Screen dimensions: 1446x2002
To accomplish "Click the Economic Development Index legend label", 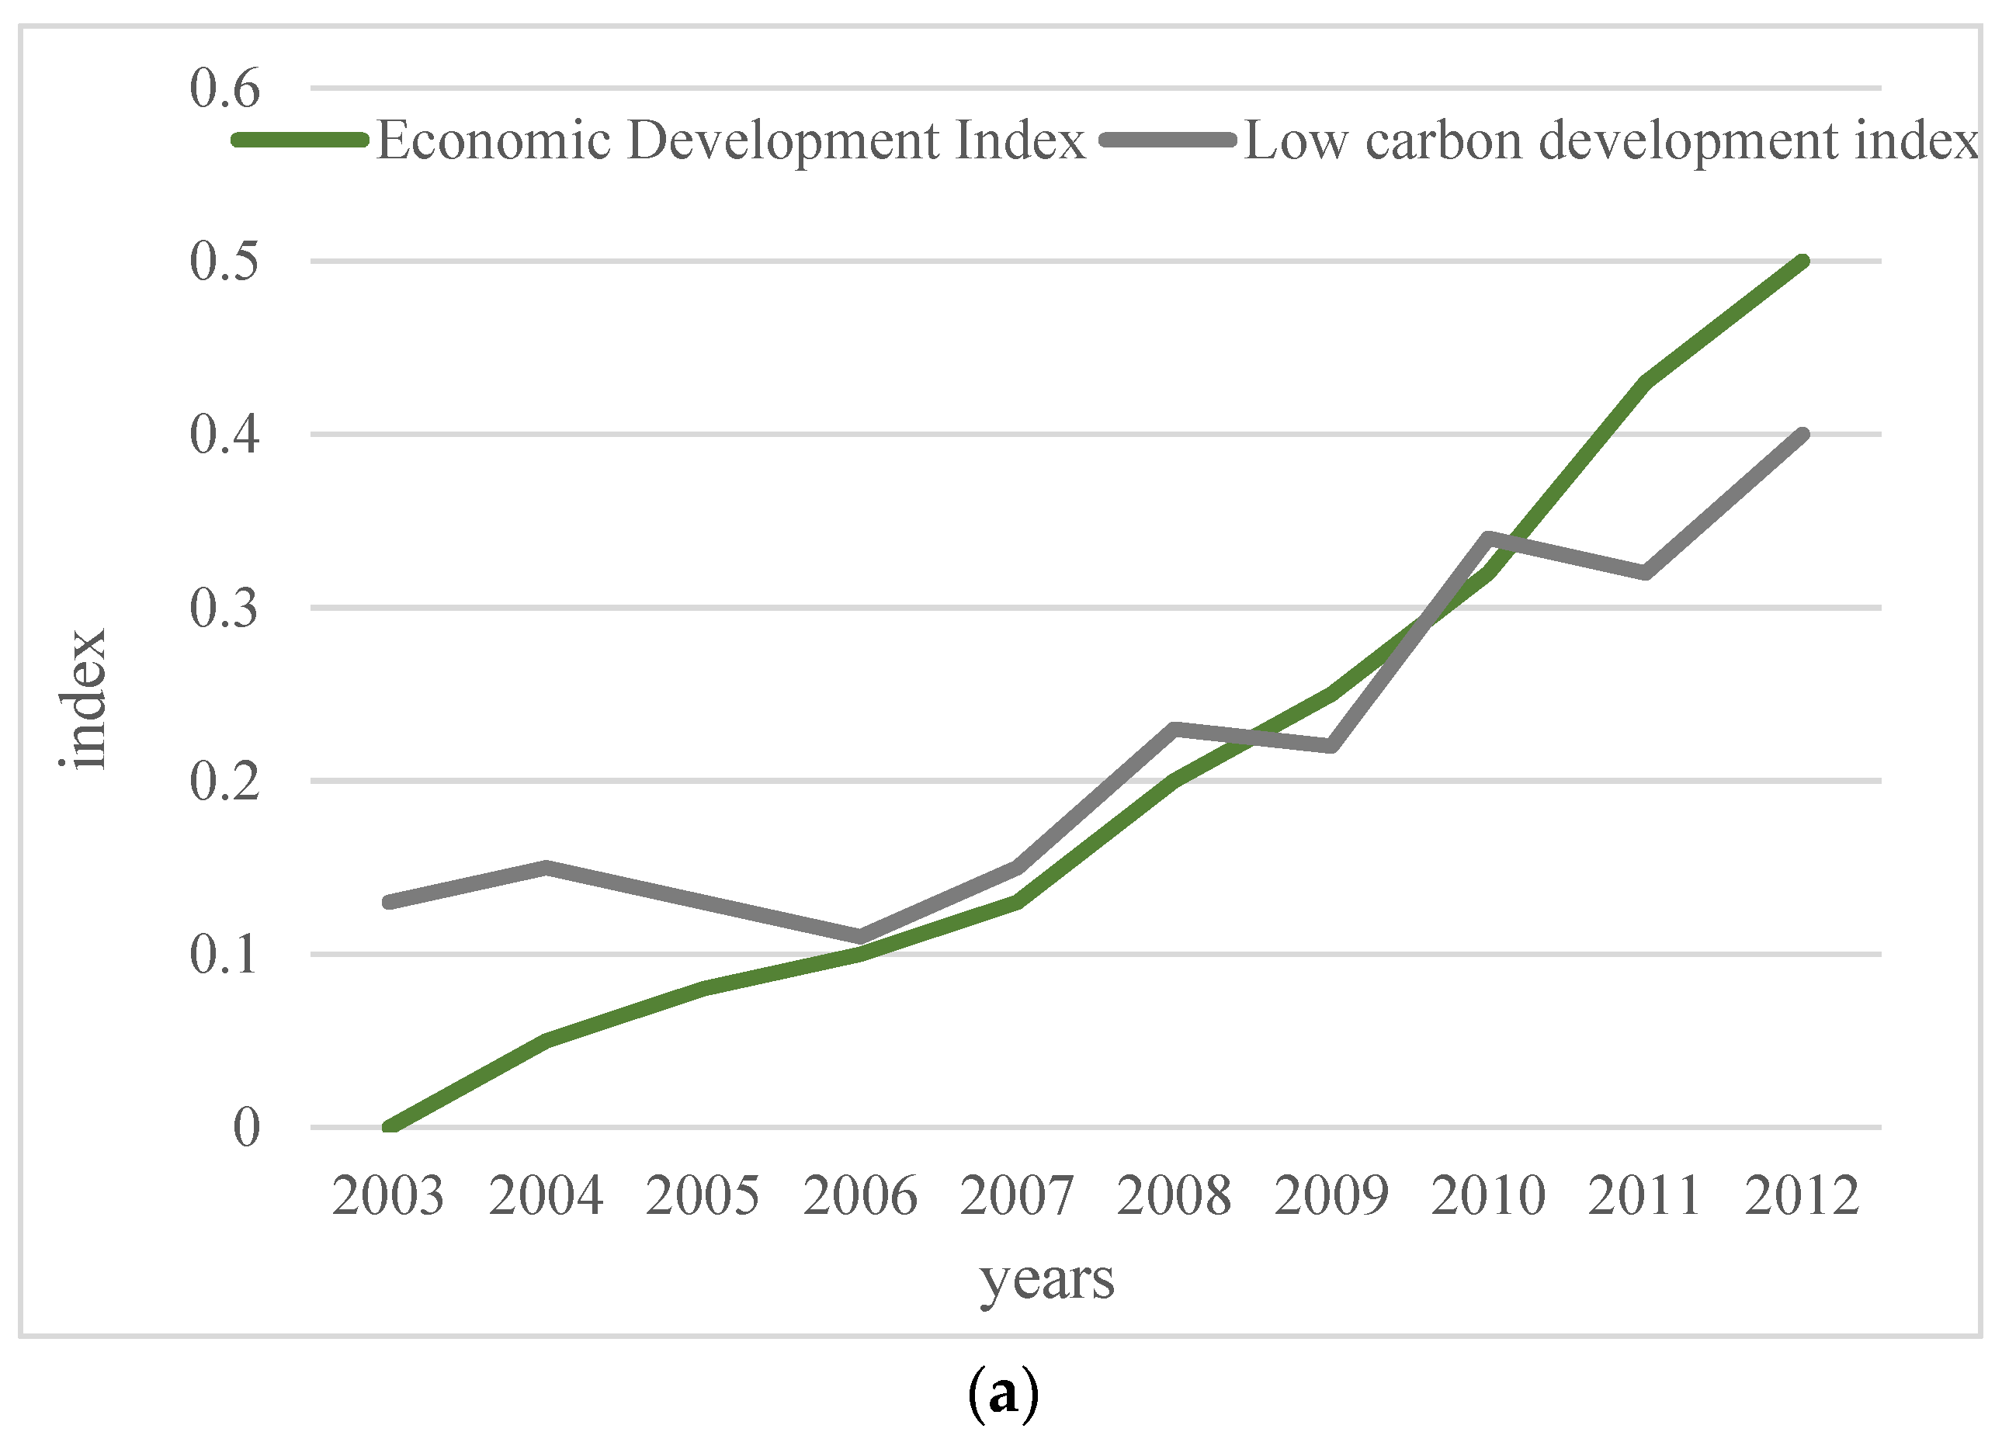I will coord(731,141).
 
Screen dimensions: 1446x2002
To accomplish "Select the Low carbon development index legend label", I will coord(1610,141).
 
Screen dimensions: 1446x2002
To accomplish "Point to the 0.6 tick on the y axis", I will coord(225,89).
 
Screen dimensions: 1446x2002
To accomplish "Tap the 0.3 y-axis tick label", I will coord(225,609).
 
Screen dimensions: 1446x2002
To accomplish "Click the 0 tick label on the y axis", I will coord(246,1129).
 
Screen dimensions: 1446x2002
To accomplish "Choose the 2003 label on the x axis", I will coord(388,1196).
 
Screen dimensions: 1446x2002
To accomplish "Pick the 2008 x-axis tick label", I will coord(1174,1196).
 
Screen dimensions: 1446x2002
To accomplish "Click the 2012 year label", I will coord(1802,1196).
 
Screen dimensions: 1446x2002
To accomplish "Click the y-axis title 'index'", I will coord(85,699).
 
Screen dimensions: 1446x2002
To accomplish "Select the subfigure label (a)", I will coord(1003,1394).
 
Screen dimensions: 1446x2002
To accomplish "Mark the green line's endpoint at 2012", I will coord(1802,262).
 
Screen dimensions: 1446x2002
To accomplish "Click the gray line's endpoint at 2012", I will coord(1802,435).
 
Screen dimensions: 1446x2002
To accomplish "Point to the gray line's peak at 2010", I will coord(1488,539).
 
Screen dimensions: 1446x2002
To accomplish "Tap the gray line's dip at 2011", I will coord(1646,573).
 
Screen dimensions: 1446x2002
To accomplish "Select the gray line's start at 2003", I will coord(389,902).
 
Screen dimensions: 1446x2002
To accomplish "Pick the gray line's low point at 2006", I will coord(860,937).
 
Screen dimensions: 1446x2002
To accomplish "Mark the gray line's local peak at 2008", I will coord(1174,729).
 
